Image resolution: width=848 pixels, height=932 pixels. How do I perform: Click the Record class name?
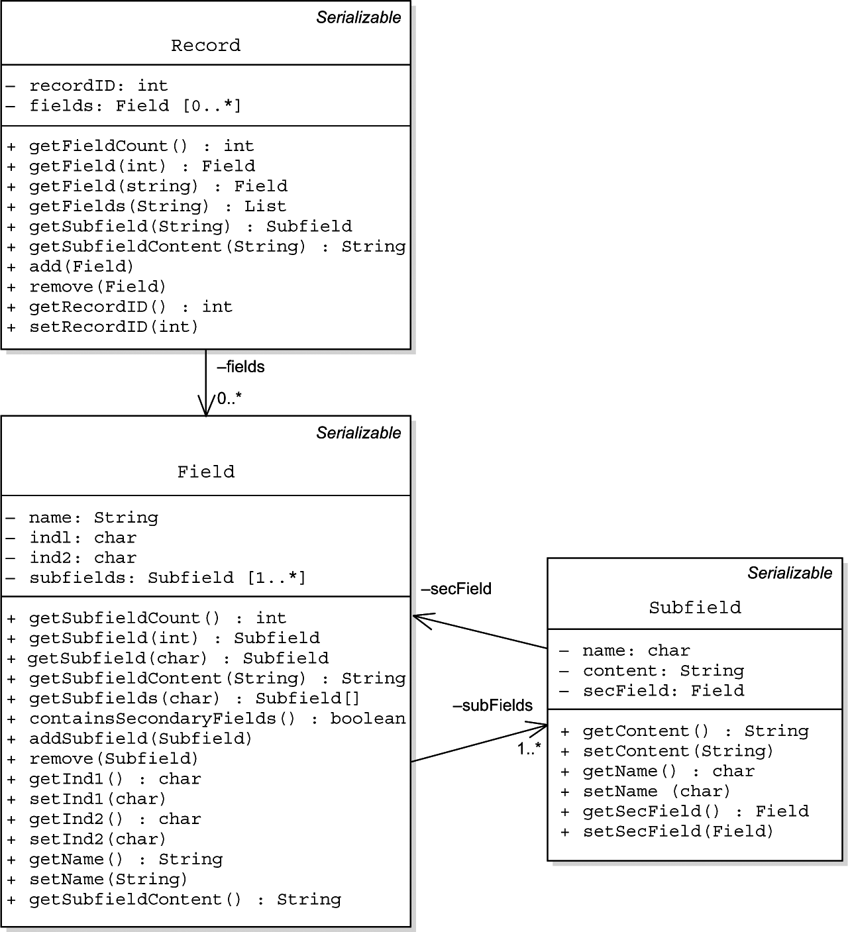pos(206,46)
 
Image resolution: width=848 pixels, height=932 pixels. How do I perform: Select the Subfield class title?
pos(695,607)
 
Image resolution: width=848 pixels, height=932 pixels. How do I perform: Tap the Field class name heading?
pos(206,472)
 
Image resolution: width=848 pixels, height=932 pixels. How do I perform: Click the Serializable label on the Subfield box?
pos(790,574)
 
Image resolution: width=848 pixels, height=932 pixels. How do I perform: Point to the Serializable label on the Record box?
pos(358,18)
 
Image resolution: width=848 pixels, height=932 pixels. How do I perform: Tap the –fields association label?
pos(240,367)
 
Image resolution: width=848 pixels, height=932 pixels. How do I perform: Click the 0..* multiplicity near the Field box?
pos(229,399)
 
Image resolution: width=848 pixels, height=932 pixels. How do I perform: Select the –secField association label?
pos(456,589)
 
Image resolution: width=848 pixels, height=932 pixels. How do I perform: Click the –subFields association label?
pos(492,705)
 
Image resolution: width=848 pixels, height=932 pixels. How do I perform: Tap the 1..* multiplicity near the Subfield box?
pos(529,749)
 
